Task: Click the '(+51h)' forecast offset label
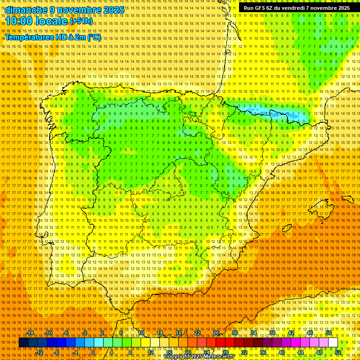pyautogui.click(x=81, y=21)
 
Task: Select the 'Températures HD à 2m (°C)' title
pyautogui.click(x=52, y=37)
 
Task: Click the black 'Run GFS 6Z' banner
pyautogui.click(x=296, y=8)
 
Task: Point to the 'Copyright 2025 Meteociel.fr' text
pyautogui.click(x=199, y=356)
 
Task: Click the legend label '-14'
pyautogui.click(x=30, y=333)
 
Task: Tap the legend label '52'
pyautogui.click(x=338, y=352)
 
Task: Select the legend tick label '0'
pyautogui.click(x=93, y=352)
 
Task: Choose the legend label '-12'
pyautogui.click(x=39, y=352)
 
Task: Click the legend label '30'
pyautogui.click(x=234, y=333)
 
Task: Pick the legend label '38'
pyautogui.click(x=272, y=333)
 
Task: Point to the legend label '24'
pyautogui.click(x=206, y=352)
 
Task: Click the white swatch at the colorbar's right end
pyautogui.click(x=333, y=343)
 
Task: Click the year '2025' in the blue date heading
pyautogui.click(x=114, y=10)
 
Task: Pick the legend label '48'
pyautogui.click(x=319, y=352)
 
